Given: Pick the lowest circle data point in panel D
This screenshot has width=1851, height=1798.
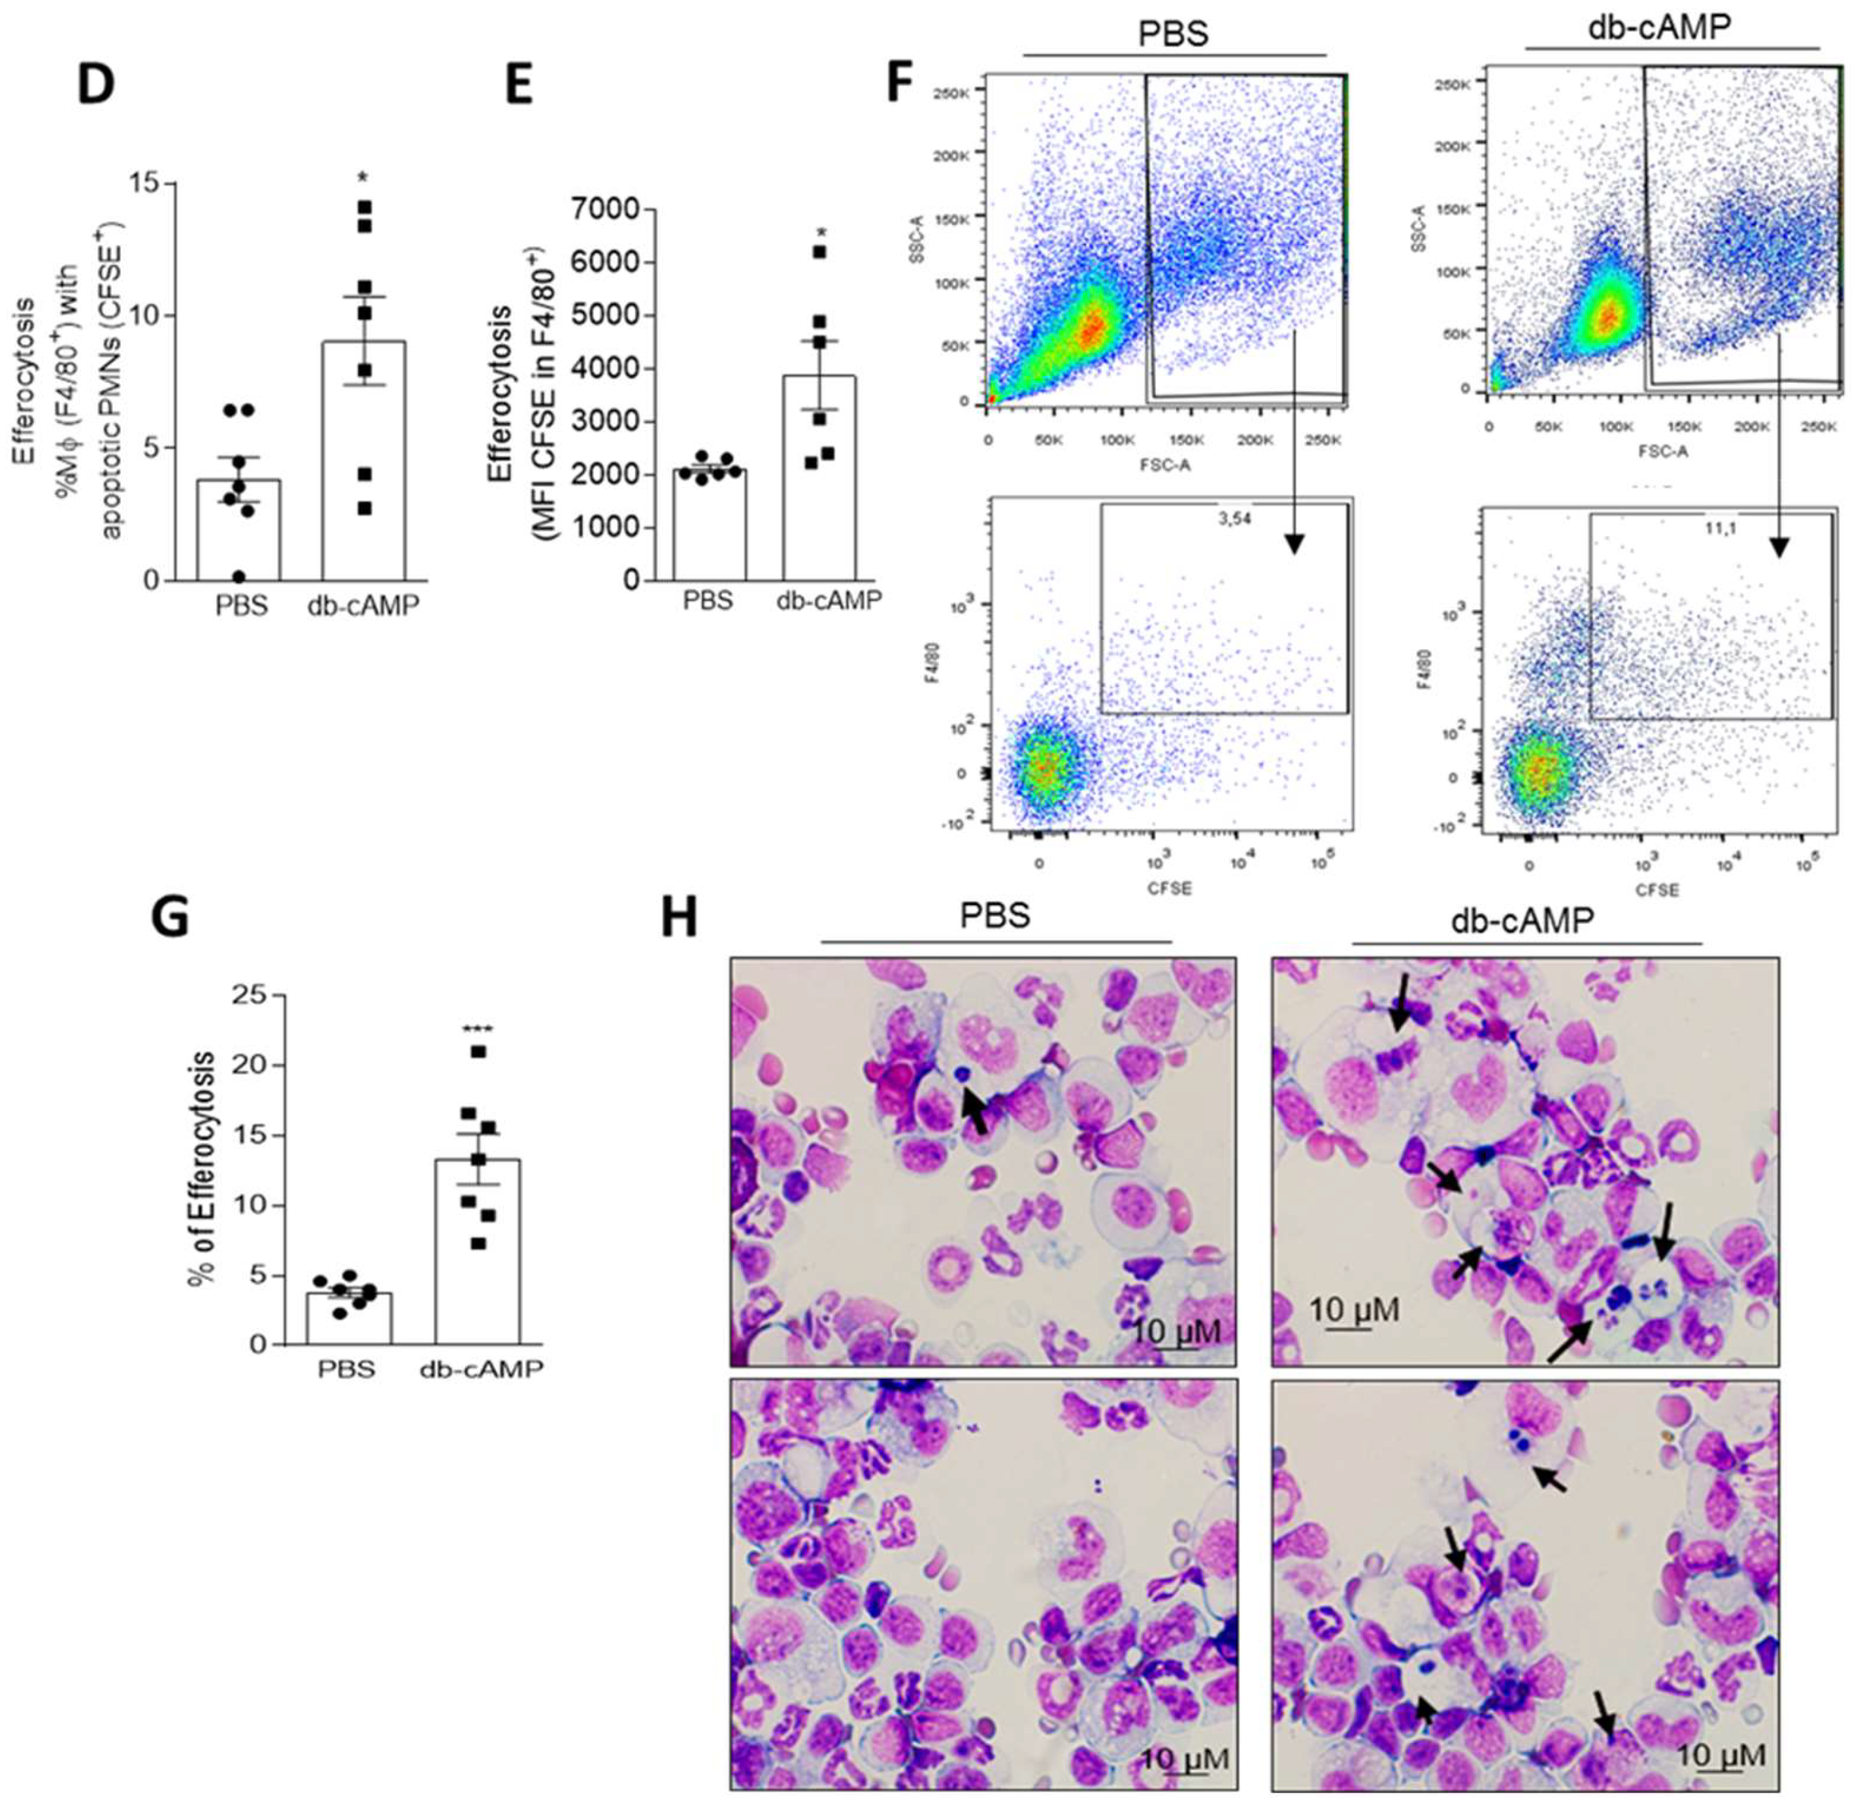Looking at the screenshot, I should click(x=239, y=577).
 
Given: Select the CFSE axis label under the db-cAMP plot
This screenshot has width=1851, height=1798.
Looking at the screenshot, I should click(x=1657, y=889).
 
